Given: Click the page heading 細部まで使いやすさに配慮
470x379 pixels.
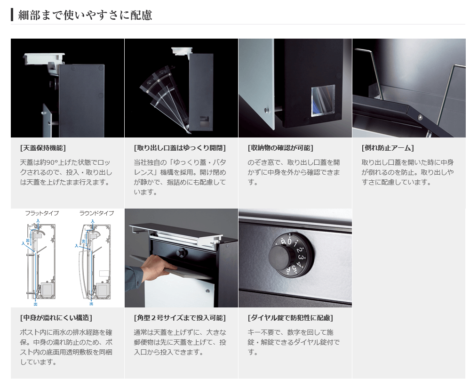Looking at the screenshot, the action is [85, 15].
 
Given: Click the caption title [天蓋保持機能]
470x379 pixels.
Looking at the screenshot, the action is [43, 148].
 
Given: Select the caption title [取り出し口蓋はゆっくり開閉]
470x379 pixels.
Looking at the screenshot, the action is [180, 148].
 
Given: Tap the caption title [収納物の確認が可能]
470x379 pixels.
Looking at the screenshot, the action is [280, 148].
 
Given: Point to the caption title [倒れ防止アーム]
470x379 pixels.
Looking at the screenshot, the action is [388, 148].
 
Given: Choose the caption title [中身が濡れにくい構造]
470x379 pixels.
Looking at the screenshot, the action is [56, 318].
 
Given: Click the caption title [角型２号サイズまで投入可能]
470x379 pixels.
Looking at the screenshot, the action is [180, 318].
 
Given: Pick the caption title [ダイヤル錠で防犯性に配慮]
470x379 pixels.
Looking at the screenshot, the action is [290, 318].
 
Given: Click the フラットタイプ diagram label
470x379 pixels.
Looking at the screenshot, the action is [42, 213].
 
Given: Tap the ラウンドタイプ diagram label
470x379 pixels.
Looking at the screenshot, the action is [96, 213].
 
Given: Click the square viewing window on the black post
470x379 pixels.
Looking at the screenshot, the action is [323, 100].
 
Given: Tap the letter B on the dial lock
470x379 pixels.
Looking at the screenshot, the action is [284, 242].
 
